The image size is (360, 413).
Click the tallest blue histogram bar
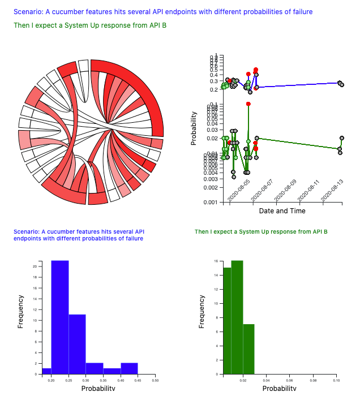click(x=60, y=317)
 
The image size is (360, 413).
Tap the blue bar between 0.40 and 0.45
click(x=129, y=368)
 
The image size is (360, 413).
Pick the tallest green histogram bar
click(x=237, y=317)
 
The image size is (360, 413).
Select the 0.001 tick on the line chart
click(x=212, y=202)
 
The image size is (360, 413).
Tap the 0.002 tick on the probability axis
click(x=212, y=187)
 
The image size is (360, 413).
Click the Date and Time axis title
click(x=282, y=211)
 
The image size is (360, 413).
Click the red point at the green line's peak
click(x=248, y=104)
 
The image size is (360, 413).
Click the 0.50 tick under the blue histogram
click(x=155, y=381)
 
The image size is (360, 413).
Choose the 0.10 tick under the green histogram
click(x=336, y=381)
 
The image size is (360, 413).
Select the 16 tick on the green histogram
click(x=216, y=261)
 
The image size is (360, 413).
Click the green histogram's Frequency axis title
click(x=202, y=312)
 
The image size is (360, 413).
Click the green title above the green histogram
click(x=261, y=232)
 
